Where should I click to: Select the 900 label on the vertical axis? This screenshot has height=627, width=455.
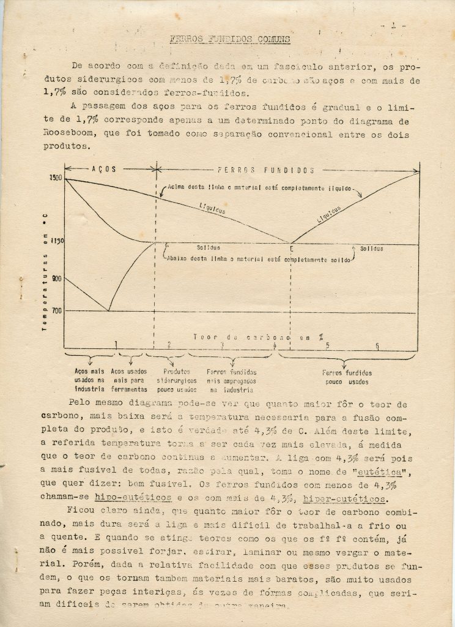coord(56,278)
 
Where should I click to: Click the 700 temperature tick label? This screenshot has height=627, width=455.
coord(56,311)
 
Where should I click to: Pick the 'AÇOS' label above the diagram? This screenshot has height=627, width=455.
coord(103,168)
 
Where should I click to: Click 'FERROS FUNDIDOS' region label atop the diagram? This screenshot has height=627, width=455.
coord(266,170)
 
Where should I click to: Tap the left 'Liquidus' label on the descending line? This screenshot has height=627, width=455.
coord(212,209)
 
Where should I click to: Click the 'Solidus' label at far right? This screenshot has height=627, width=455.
coord(371,249)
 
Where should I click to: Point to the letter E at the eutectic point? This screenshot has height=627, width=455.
coord(291,249)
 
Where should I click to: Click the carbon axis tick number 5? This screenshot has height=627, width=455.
coord(327,346)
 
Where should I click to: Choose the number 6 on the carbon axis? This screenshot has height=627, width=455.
coord(377,346)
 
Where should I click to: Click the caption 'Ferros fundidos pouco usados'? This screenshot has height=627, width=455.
coord(347,377)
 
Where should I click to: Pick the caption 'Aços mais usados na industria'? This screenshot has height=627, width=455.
coord(90,380)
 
